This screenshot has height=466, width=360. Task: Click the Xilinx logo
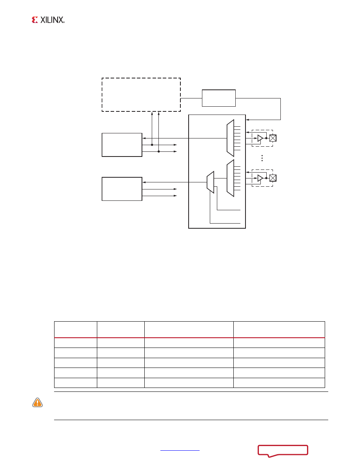click(48, 20)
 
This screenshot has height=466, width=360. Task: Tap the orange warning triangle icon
click(37, 402)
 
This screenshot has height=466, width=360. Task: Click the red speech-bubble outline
click(283, 450)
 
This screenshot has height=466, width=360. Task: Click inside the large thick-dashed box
click(141, 95)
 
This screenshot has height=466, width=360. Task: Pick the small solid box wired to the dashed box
click(219, 98)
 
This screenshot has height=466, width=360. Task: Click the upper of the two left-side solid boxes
click(122, 145)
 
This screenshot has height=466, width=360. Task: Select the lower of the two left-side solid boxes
click(122, 189)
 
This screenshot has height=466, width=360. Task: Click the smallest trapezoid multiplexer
click(211, 182)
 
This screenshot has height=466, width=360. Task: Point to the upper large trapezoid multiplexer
click(230, 138)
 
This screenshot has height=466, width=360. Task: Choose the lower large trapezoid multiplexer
click(230, 178)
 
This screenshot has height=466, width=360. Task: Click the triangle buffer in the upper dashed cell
click(260, 138)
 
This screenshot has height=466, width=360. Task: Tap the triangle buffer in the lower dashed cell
click(260, 178)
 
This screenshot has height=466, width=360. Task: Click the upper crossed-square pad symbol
click(273, 138)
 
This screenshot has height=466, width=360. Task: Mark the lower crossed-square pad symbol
click(273, 178)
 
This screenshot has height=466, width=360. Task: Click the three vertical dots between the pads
click(262, 158)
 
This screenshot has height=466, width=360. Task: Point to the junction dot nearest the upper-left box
click(152, 145)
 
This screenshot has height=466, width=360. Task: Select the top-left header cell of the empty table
click(75, 329)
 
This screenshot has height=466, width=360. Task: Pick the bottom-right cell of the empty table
click(279, 383)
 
